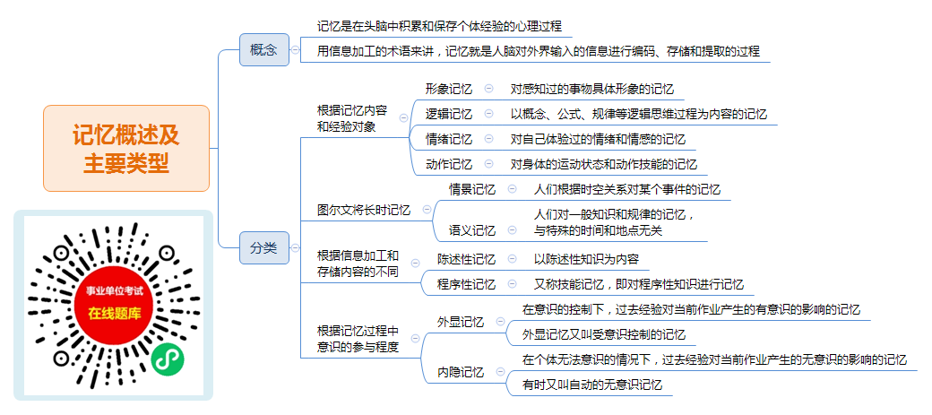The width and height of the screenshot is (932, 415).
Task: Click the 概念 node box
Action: click(263, 50)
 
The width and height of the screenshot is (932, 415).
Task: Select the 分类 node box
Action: click(263, 248)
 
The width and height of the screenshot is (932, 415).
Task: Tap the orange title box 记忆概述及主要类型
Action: click(126, 149)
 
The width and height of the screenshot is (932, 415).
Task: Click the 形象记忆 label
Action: click(449, 90)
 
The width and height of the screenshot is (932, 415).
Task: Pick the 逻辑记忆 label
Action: click(449, 114)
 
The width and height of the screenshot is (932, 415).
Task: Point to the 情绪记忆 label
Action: click(449, 139)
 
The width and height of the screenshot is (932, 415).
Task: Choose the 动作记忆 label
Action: click(449, 164)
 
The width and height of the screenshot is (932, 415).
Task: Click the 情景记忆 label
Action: click(472, 190)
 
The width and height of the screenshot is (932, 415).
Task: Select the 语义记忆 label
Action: click(472, 230)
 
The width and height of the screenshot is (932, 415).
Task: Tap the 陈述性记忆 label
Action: click(466, 259)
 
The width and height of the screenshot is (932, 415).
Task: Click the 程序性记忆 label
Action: click(466, 284)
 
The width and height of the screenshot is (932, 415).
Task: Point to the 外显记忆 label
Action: click(461, 323)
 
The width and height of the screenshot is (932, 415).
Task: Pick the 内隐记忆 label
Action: click(461, 373)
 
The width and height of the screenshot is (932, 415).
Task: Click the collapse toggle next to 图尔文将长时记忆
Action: click(427, 209)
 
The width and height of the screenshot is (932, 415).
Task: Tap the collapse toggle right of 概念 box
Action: click(296, 50)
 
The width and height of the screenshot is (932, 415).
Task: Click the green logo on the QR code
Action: click(167, 359)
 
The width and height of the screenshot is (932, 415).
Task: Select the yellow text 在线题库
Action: click(115, 314)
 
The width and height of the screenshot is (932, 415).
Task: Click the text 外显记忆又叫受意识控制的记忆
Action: click(604, 334)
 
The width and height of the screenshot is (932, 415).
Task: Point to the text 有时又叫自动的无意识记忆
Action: click(592, 385)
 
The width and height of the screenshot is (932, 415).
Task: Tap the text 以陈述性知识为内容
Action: click(587, 259)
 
